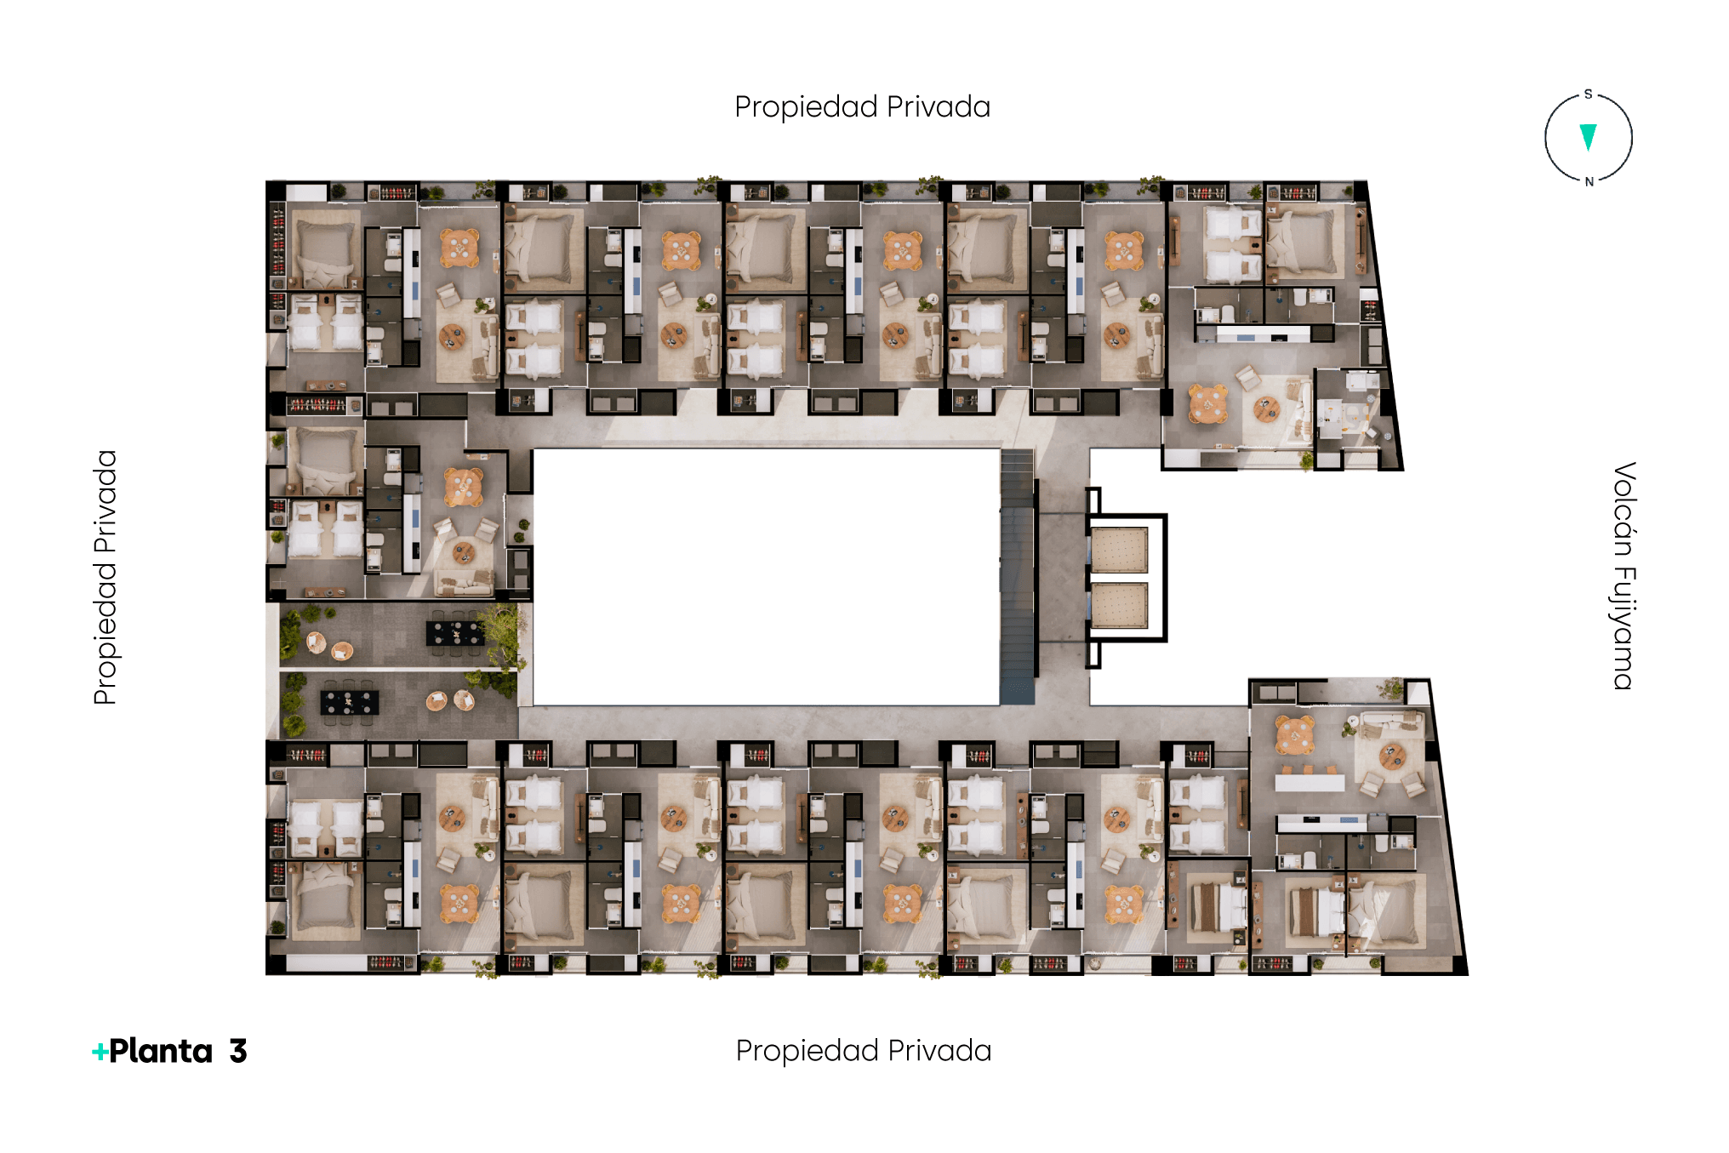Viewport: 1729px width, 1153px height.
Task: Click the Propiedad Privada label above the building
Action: click(862, 107)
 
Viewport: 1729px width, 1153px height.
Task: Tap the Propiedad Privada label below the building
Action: click(864, 1051)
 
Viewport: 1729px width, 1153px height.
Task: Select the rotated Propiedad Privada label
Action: click(106, 577)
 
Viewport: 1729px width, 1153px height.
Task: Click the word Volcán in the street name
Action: click(1623, 510)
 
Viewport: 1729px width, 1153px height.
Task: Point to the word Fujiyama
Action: click(1623, 628)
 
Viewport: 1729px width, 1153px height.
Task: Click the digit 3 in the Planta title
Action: click(238, 1052)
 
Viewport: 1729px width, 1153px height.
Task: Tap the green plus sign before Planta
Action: click(100, 1053)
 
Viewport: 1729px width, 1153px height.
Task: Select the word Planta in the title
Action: click(161, 1052)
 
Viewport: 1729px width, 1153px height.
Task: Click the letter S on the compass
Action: click(1588, 94)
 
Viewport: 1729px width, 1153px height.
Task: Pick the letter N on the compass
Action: click(1589, 182)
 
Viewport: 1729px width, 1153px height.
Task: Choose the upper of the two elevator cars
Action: click(1120, 549)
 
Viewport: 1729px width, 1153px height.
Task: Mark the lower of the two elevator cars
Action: click(1120, 606)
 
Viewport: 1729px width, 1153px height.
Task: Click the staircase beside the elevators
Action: click(1018, 577)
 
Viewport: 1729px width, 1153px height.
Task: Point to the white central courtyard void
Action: click(766, 577)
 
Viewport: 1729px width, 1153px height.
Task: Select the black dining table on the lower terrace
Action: click(350, 703)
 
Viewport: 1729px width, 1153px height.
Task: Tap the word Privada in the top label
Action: click(939, 107)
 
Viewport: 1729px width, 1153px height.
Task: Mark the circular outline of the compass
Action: click(1545, 138)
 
